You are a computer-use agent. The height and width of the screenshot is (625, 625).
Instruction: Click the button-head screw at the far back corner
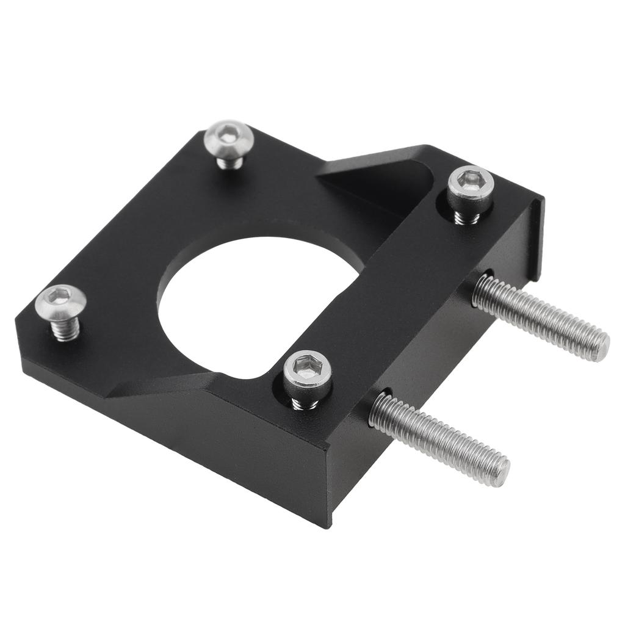pyautogui.click(x=229, y=139)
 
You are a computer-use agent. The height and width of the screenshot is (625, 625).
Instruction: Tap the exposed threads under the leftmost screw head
pyautogui.click(x=65, y=330)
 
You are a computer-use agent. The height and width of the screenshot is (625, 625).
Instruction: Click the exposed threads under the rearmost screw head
pyautogui.click(x=230, y=162)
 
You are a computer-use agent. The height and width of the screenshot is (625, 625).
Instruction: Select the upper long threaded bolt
pyautogui.click(x=540, y=317)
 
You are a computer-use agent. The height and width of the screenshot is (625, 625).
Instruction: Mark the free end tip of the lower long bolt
pyautogui.click(x=501, y=471)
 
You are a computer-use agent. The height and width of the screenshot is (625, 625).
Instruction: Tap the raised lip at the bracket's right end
pyautogui.click(x=536, y=238)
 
